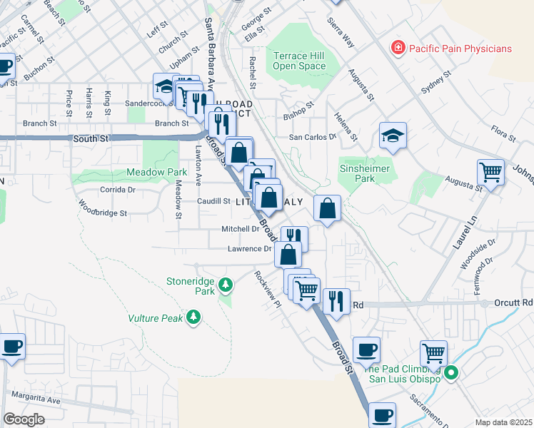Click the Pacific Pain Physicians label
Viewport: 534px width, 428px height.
(x=460, y=49)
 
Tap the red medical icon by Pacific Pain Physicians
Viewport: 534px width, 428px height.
(x=398, y=49)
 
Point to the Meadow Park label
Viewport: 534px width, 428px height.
(x=156, y=172)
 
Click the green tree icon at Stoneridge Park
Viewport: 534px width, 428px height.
(x=226, y=286)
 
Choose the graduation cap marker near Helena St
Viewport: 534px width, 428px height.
(x=393, y=136)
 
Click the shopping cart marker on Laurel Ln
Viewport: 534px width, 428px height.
(x=490, y=171)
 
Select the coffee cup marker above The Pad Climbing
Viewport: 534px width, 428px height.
(x=366, y=350)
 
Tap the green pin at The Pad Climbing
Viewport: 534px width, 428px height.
(x=450, y=373)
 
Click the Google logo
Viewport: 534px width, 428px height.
(x=24, y=419)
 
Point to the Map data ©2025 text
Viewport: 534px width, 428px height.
(x=503, y=422)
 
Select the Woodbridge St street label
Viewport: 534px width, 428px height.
(x=102, y=213)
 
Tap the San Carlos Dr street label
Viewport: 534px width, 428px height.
(x=312, y=136)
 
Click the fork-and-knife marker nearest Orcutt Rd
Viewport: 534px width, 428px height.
(x=336, y=300)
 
